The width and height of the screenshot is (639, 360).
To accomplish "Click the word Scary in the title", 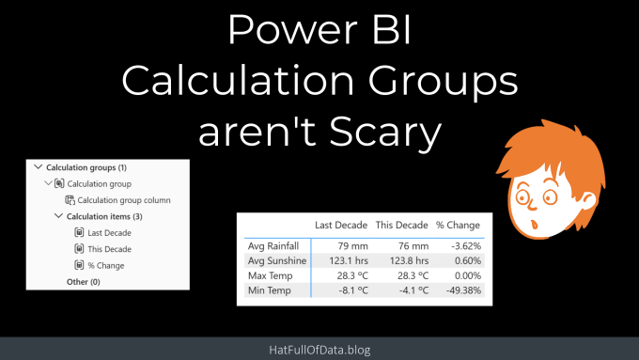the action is click(x=385, y=133).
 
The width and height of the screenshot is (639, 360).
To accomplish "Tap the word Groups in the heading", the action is click(x=443, y=81).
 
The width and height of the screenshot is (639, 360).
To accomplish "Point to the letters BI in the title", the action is click(x=391, y=30).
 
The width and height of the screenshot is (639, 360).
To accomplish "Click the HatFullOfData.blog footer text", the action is click(x=319, y=350).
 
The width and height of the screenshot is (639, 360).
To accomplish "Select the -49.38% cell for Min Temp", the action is click(x=463, y=290).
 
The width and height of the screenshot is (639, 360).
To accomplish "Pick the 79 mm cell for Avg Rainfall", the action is click(x=353, y=246).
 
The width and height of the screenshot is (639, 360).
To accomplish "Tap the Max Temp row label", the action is click(x=271, y=275).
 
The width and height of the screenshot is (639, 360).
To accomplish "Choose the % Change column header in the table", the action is click(x=458, y=225).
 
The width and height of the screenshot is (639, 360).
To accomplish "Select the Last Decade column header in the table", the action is click(x=341, y=225).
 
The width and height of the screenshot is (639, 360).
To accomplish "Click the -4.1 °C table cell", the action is click(x=413, y=290).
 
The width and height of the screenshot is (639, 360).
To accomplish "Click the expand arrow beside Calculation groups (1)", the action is click(x=39, y=166).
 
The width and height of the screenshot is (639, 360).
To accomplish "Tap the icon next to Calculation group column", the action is click(x=70, y=200).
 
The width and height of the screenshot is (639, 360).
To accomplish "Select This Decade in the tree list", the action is click(x=110, y=249).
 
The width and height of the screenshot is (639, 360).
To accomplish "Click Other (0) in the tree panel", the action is click(x=83, y=282).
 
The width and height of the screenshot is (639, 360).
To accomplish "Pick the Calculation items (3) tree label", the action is click(x=104, y=216).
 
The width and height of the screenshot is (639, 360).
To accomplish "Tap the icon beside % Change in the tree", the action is click(x=79, y=265).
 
